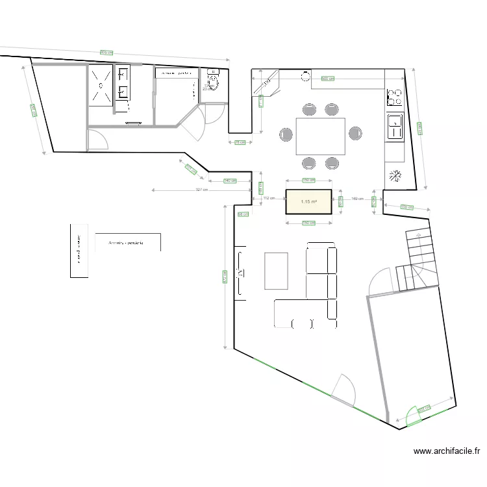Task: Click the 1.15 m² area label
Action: click(x=309, y=202)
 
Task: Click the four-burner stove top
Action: click(x=394, y=97)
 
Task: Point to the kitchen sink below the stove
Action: click(x=394, y=126)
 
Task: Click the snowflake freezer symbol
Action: click(x=393, y=175)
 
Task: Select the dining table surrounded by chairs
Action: click(x=320, y=136)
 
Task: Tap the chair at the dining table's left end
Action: click(x=286, y=134)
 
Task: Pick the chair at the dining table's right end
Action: click(x=355, y=134)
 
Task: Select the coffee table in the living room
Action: click(x=276, y=270)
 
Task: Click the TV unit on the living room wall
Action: click(x=240, y=271)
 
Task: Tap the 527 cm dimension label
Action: click(x=202, y=190)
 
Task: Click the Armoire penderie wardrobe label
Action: click(x=127, y=243)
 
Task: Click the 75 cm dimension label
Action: click(x=238, y=142)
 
